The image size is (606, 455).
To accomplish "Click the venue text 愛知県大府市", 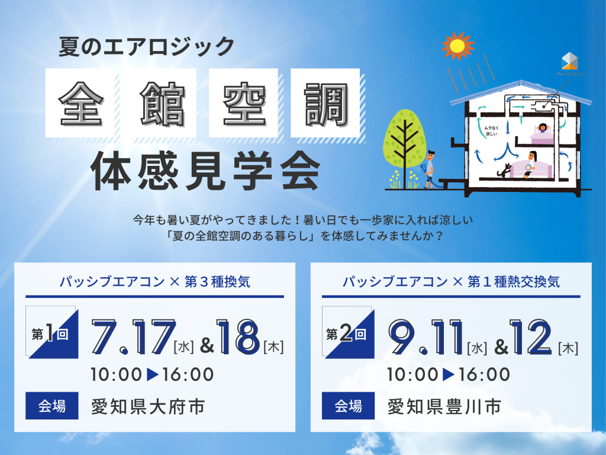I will tap(148, 407).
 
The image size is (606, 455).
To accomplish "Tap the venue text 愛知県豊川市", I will tap(444, 407).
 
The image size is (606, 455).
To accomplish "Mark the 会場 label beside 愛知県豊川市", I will tap(349, 407).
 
